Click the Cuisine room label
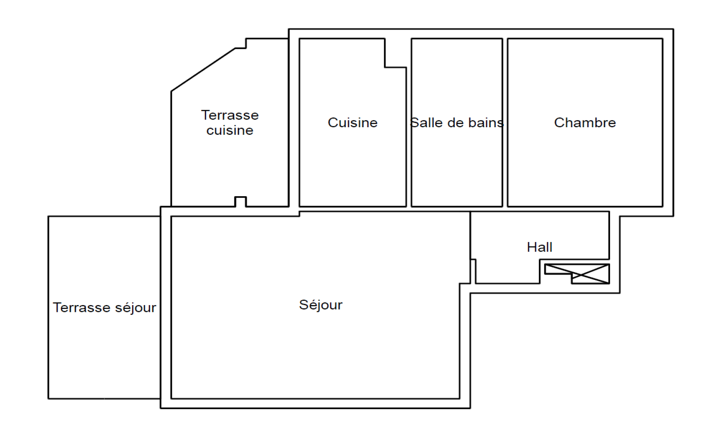[352, 123]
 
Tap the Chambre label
[585, 123]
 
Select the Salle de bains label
[457, 123]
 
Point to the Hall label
[539, 247]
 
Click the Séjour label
[321, 305]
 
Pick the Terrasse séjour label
[104, 308]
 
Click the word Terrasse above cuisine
[230, 115]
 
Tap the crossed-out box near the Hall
[577, 274]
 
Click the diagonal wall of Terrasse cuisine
[203, 70]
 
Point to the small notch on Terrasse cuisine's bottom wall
[241, 201]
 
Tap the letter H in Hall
[531, 247]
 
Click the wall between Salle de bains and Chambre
[505, 123]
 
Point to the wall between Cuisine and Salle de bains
[409, 137]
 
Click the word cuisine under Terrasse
[230, 131]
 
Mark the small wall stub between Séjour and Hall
[473, 271]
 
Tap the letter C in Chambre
[559, 123]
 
